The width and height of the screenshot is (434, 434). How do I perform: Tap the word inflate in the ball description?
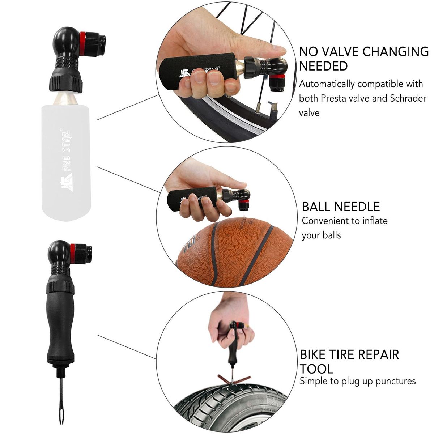point(375,221)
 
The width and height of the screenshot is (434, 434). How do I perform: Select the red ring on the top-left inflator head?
point(82,44)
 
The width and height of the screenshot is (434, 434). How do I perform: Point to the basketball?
point(234,252)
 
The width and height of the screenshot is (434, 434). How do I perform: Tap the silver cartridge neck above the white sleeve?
point(65,99)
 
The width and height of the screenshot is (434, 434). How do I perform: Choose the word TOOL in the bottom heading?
point(316,369)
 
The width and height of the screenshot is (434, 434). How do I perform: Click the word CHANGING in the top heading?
point(396,52)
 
